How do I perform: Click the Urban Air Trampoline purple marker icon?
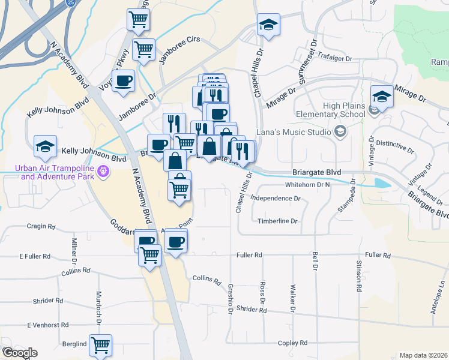[103, 172]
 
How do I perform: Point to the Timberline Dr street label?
[277, 221]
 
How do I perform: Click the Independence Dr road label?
[276, 198]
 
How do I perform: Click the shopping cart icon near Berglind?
[100, 344]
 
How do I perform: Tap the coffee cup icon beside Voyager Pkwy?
[124, 80]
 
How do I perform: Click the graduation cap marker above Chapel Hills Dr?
[268, 25]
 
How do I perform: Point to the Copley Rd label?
[292, 343]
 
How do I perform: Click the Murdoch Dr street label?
[98, 306]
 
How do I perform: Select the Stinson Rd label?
[359, 276]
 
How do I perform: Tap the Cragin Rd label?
[41, 227]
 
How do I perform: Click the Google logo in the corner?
[19, 353]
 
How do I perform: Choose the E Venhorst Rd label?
[46, 325]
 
